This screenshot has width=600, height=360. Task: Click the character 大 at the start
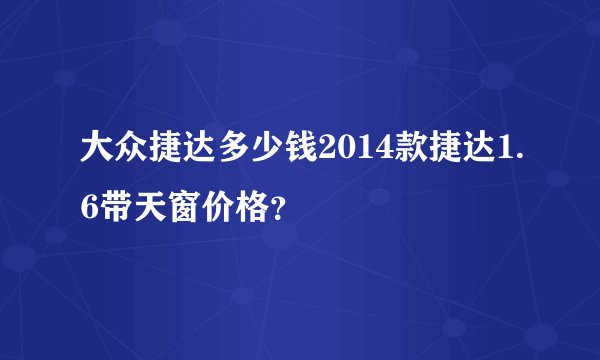97,151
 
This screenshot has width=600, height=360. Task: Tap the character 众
128,151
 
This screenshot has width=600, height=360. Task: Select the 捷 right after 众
160,151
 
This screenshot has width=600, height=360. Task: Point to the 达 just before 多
192,151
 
